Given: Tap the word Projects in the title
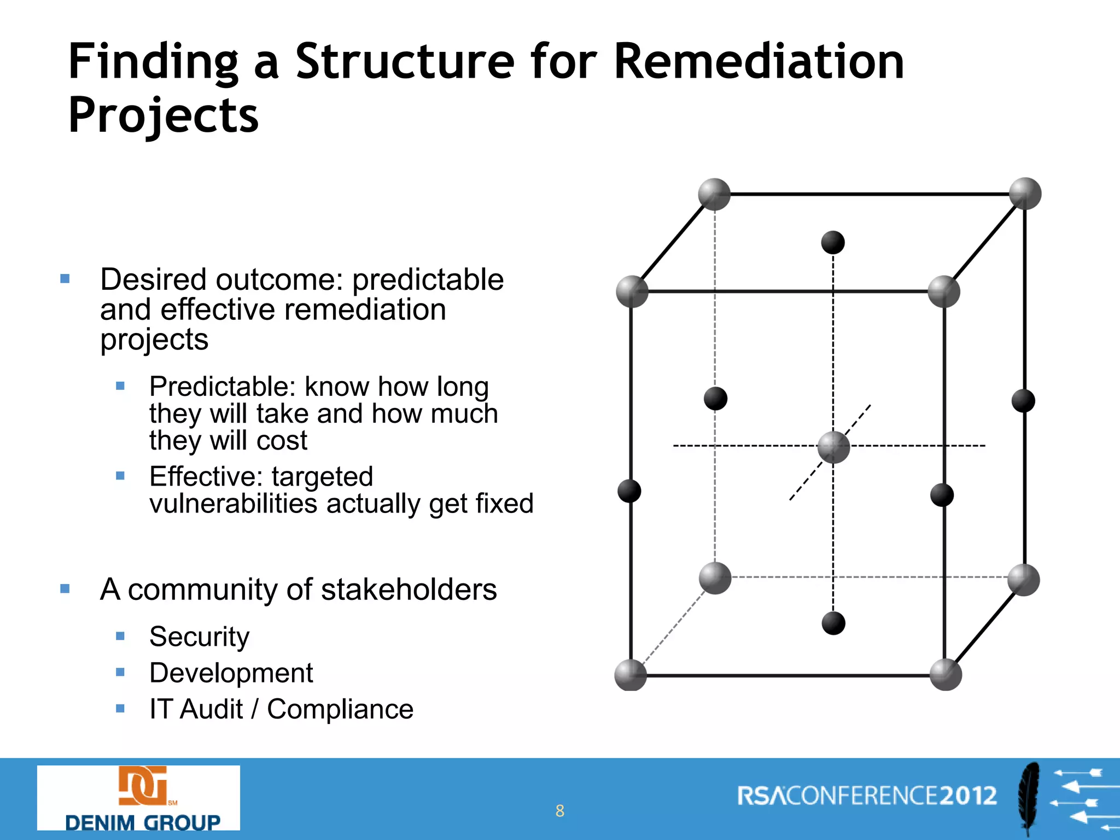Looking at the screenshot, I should [163, 115].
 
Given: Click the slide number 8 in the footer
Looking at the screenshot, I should [559, 810].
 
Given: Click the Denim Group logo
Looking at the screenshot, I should [138, 797].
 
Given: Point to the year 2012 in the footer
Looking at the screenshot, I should [969, 796].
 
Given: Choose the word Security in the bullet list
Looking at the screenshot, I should [199, 637].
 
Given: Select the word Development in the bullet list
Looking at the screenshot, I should [231, 673].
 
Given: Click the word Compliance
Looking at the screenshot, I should [340, 709].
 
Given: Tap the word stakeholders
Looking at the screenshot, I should [409, 590].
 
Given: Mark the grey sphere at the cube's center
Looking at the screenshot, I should [833, 447].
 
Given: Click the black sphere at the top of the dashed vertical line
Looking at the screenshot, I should [833, 242].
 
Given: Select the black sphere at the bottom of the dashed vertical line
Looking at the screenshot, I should [833, 623].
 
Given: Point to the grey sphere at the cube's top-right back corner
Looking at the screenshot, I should [1025, 194].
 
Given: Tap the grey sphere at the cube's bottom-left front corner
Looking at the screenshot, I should [631, 675].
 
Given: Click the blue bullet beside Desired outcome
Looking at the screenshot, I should [65, 279].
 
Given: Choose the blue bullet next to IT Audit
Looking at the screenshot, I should [120, 709].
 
